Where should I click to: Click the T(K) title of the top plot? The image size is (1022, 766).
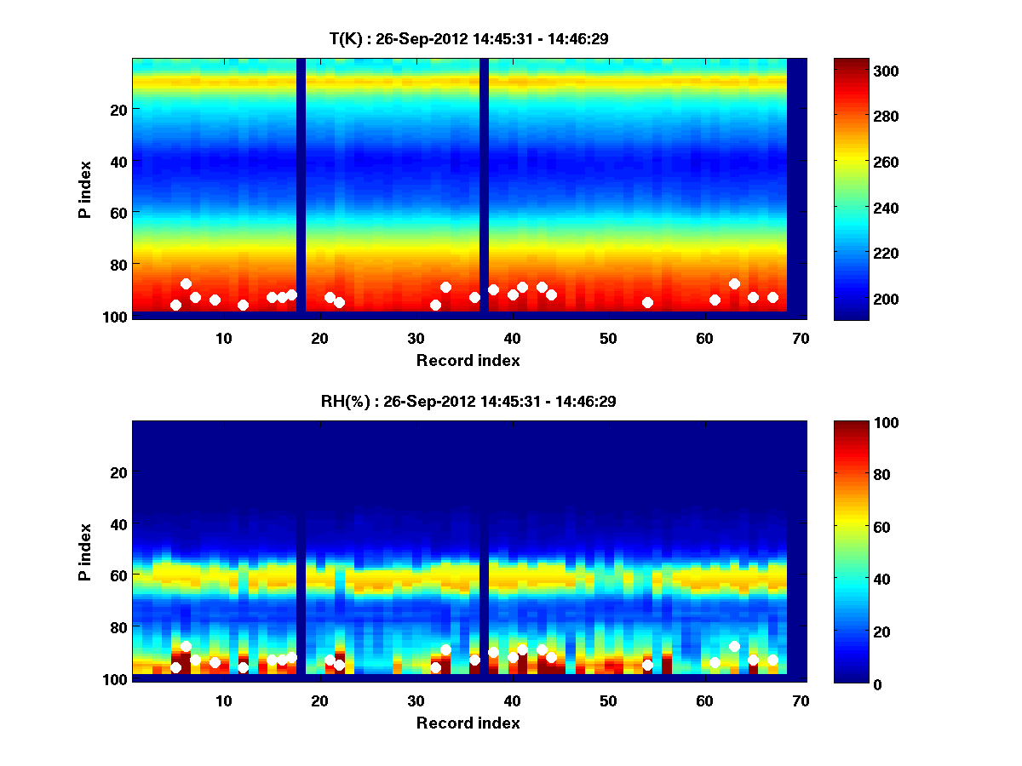tap(468, 38)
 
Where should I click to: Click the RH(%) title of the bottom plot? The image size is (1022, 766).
tap(468, 402)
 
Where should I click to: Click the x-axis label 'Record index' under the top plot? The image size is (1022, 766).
tap(468, 360)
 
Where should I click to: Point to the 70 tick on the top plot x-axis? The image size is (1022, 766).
tap(801, 338)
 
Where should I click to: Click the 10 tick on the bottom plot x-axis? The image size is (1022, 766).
tap(223, 700)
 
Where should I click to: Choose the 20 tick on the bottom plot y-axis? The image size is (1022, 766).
tap(118, 472)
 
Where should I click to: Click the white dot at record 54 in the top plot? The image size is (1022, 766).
tap(647, 302)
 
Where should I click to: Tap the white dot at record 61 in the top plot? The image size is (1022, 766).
tap(715, 300)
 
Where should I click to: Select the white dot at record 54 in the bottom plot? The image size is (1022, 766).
tap(647, 665)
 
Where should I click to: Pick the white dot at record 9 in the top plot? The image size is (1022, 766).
tap(215, 300)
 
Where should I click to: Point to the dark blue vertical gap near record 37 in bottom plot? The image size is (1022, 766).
tap(484, 553)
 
